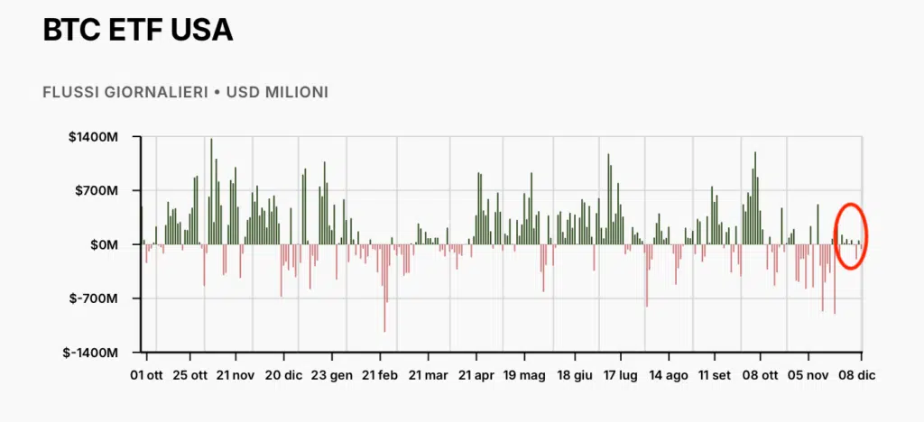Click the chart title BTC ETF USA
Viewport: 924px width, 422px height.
tap(138, 30)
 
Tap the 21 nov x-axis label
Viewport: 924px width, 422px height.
tap(236, 374)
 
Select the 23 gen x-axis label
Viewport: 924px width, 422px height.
tap(331, 374)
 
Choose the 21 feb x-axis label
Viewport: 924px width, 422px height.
tap(380, 374)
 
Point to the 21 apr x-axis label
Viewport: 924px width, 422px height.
tap(476, 374)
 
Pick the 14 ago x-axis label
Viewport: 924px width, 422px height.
tap(668, 374)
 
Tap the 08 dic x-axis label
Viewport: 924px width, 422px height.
tap(855, 374)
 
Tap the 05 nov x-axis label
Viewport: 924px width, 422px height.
tap(808, 374)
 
